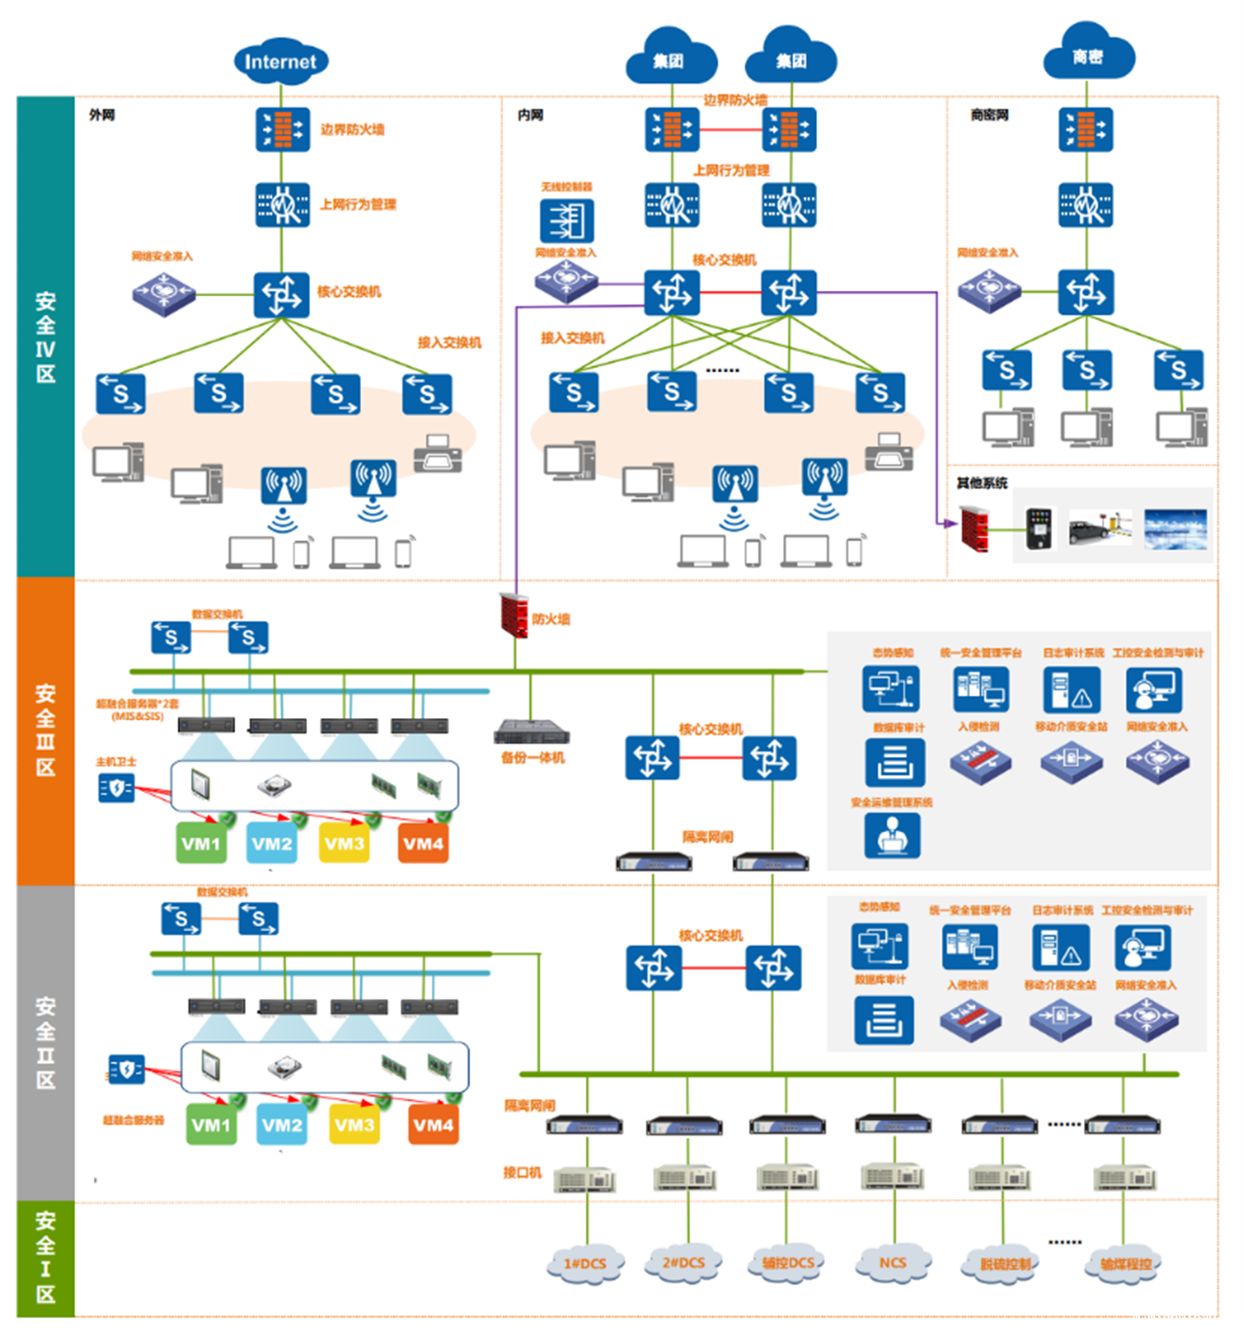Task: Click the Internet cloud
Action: coord(280,61)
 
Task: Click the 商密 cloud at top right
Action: coord(1087,56)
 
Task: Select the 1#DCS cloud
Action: coord(585,1263)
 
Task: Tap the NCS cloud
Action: coord(893,1263)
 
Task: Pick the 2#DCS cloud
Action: coord(683,1263)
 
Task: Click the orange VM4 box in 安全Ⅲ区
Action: coord(423,843)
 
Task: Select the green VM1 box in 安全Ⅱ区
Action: coord(211,1125)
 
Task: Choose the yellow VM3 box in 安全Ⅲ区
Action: coord(344,843)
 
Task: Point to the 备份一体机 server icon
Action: coord(531,731)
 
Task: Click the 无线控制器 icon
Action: coord(567,220)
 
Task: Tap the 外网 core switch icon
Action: coord(282,293)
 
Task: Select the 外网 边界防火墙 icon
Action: coord(282,129)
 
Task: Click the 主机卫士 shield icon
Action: coord(116,788)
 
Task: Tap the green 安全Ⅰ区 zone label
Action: coord(46,1257)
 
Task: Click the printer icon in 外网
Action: coord(438,454)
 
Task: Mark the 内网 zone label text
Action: coord(530,115)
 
